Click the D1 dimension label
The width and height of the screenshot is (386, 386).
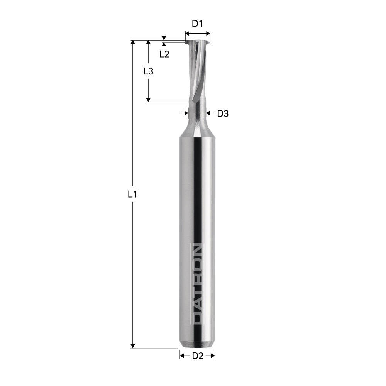[x=197, y=24]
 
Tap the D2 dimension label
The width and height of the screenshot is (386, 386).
[x=197, y=356]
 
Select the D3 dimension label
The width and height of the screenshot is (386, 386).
[x=223, y=113]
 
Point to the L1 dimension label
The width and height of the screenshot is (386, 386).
[x=132, y=195]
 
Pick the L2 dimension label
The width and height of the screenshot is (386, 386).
[x=164, y=54]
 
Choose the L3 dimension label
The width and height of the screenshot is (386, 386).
[x=148, y=71]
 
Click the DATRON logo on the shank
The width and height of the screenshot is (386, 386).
[x=197, y=283]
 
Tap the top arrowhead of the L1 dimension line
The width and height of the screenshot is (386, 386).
[x=133, y=42]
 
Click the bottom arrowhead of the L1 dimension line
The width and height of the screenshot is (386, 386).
[x=133, y=345]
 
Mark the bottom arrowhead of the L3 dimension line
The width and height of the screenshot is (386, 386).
[x=148, y=100]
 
